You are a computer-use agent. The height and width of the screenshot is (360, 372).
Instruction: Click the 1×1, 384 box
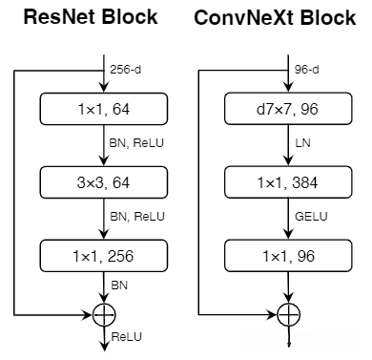tap(287, 180)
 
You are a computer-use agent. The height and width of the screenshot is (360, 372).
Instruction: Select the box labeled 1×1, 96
tap(287, 255)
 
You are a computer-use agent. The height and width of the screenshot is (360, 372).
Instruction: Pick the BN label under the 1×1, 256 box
tap(118, 286)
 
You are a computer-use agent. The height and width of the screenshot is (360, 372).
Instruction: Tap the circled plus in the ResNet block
tap(101, 312)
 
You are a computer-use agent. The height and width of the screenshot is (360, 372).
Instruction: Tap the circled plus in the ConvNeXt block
tap(287, 312)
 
